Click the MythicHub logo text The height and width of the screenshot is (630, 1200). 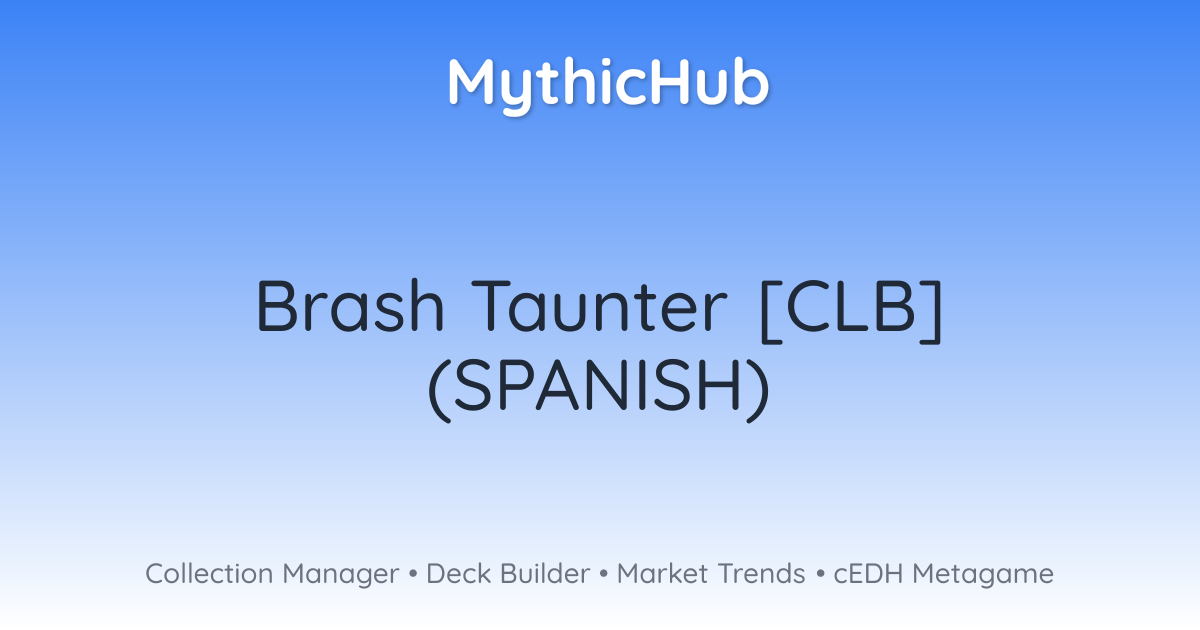point(608,85)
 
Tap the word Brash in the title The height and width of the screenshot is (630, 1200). point(350,306)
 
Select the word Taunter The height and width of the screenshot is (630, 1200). point(599,306)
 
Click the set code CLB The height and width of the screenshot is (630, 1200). point(851,306)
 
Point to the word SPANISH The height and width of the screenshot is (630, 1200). point(598,385)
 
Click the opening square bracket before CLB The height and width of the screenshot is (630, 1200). point(770,311)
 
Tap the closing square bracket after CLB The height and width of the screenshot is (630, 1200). point(932,311)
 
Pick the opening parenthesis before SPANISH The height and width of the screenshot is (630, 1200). point(439,389)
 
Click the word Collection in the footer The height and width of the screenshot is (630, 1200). point(209,574)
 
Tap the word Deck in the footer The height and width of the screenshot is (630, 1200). point(458,574)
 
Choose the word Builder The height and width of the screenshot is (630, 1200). point(545,574)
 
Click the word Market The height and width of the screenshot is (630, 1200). point(662,574)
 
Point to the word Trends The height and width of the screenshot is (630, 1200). point(761,574)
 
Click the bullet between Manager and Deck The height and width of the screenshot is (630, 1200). point(412,574)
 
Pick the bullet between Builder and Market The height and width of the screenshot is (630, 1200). point(603,574)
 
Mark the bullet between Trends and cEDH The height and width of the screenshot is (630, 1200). point(820,574)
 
